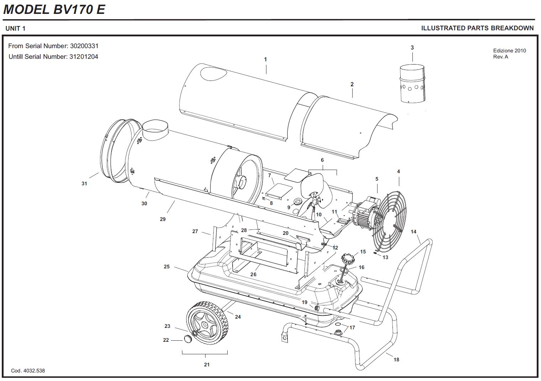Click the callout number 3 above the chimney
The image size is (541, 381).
pos(412,47)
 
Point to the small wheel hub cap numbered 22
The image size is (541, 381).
pos(188,339)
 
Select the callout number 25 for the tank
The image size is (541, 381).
pos(167,267)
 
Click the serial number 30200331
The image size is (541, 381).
pos(84,46)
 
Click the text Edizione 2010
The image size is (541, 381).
pos(509,51)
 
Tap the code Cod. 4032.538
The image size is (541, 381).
pos(28,371)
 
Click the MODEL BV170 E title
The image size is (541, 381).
pos(54,10)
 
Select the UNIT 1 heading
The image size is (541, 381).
pos(15,29)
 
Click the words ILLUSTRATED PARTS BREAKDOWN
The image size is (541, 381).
pos(477,28)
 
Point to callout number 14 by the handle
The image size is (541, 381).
pos(413,232)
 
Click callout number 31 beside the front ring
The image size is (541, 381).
pos(84,184)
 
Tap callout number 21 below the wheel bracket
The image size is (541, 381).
pos(207,365)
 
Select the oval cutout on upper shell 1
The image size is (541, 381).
pos(213,73)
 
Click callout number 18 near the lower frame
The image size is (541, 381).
pos(396,360)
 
